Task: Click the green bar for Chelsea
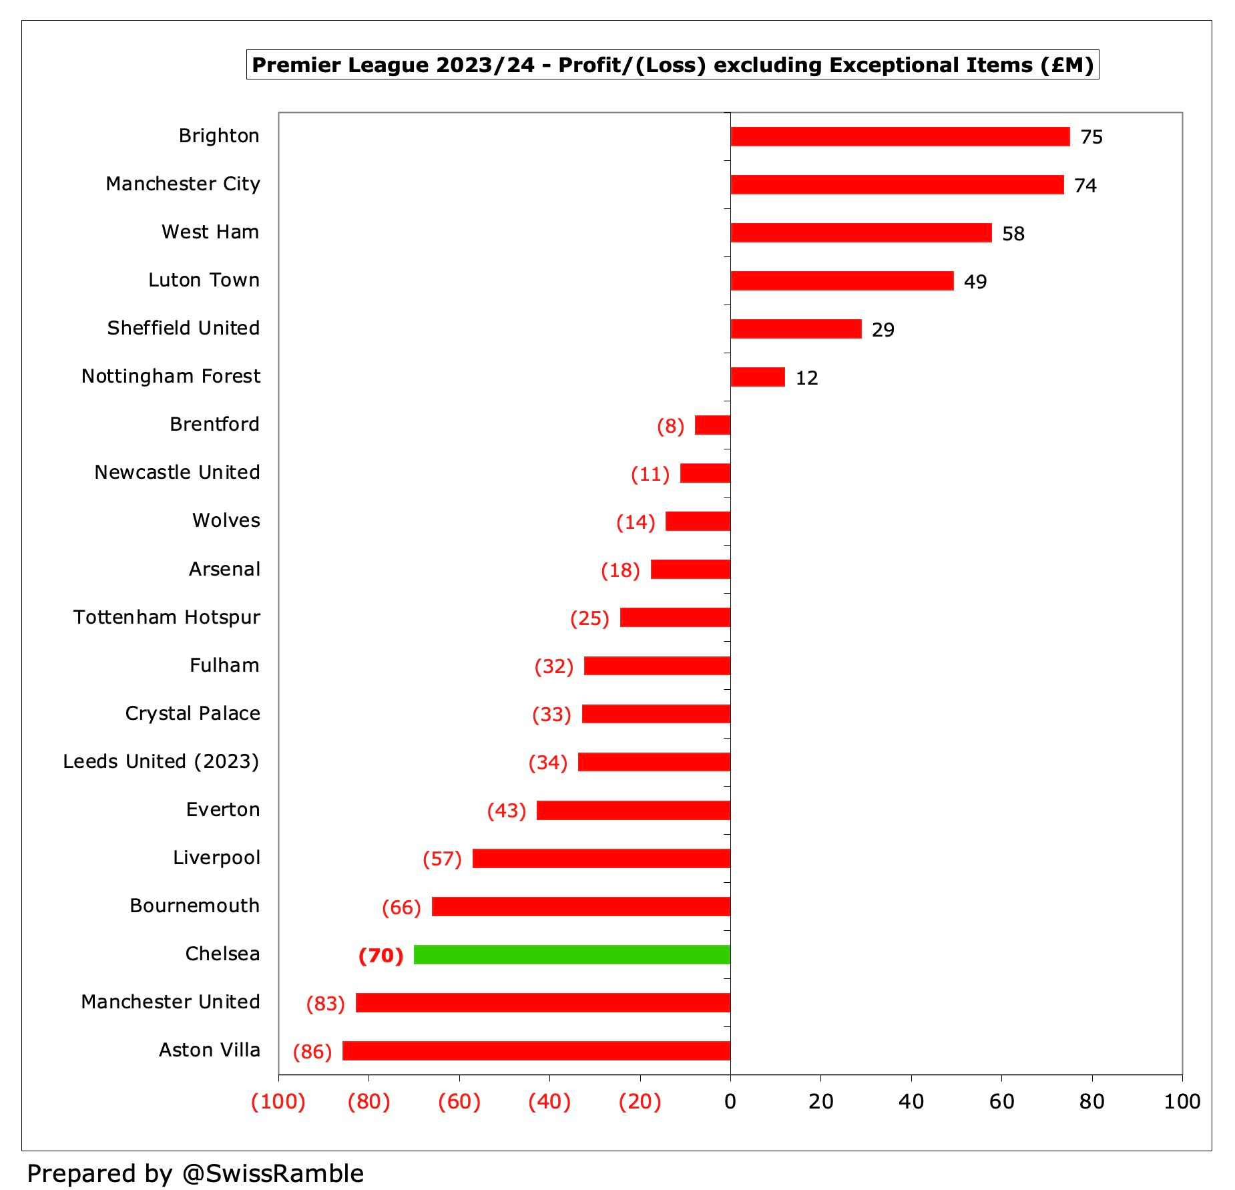571,954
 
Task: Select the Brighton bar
899,136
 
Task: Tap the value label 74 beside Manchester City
1085,185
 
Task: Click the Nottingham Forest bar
757,377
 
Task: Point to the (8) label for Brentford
670,426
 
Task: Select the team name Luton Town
204,280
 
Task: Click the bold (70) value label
381,956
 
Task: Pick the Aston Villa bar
536,1050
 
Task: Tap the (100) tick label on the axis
278,1101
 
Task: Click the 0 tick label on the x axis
730,1101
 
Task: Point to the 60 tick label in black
1001,1101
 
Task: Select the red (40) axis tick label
549,1101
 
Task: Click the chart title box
672,65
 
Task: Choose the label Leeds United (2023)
161,761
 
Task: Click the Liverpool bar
601,858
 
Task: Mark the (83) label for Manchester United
325,1004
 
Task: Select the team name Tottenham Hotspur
166,617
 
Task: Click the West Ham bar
860,232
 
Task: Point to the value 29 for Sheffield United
883,330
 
